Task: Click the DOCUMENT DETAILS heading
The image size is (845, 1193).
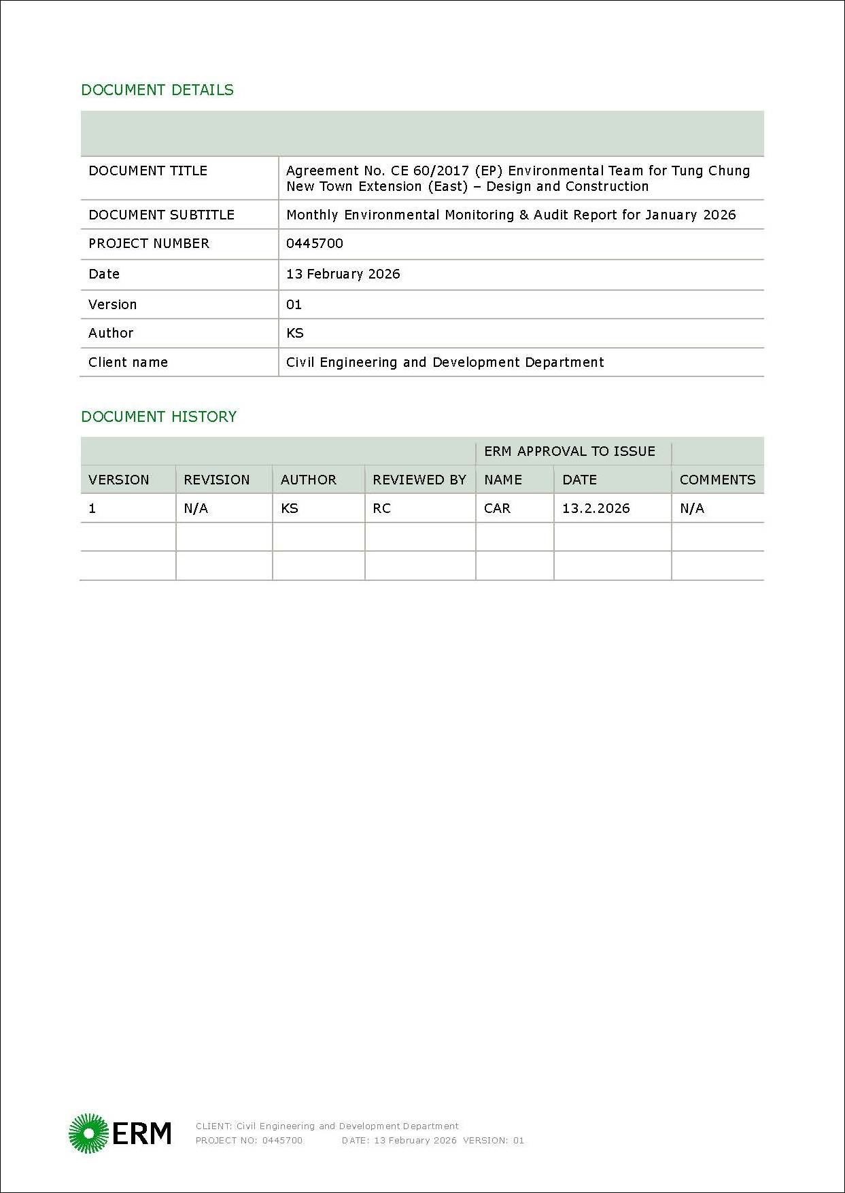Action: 157,90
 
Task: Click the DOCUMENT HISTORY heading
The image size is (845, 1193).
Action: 158,416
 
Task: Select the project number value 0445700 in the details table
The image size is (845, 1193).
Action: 314,243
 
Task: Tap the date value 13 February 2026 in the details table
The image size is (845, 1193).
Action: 343,274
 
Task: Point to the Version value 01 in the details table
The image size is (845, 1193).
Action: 294,304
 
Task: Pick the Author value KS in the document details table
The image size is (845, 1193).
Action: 294,333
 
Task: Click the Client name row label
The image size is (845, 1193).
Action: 128,362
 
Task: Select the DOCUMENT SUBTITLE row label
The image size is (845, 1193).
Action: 161,215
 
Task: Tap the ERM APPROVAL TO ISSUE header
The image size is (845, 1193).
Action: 569,451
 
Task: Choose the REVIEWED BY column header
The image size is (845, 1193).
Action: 419,480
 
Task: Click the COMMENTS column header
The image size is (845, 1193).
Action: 717,480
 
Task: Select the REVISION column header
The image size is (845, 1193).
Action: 216,480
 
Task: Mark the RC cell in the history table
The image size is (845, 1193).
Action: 381,508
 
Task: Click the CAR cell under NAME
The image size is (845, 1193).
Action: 497,508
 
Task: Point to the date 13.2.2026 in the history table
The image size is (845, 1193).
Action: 596,508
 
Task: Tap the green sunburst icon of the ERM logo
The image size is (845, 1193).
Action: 88,1133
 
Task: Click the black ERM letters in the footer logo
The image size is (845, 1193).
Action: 141,1133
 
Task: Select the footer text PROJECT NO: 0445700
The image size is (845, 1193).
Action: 249,1140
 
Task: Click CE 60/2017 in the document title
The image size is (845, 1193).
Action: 430,171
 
